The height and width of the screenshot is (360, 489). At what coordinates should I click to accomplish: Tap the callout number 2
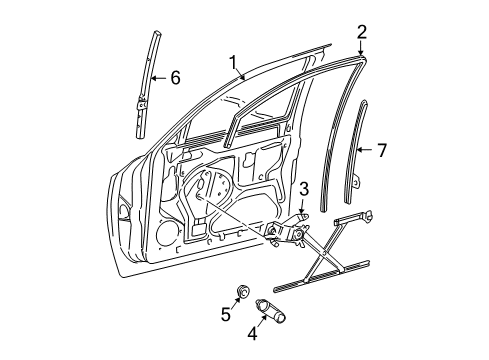coord(362,31)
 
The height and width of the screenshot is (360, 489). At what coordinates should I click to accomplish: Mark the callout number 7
coord(380,150)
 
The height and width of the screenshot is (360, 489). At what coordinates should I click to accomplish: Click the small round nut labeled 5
coord(243,291)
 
